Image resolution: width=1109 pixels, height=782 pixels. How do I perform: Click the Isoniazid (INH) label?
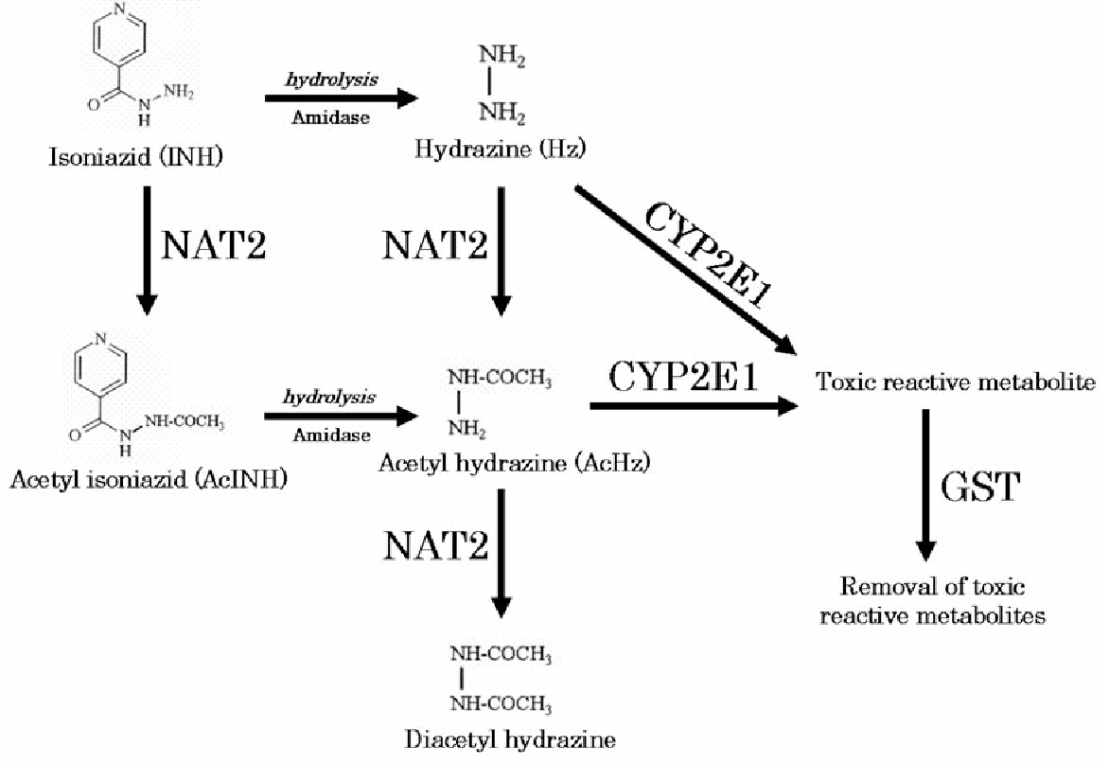tap(135, 156)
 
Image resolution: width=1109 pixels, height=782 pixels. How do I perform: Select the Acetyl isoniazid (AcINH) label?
tap(150, 480)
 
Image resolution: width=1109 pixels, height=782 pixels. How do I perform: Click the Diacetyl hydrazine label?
tap(511, 739)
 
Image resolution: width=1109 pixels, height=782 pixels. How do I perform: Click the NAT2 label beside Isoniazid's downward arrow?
tap(214, 244)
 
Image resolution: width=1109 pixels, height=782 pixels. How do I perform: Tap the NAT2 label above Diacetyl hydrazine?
tap(435, 545)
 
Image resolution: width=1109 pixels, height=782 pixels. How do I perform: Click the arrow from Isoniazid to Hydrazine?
tap(342, 98)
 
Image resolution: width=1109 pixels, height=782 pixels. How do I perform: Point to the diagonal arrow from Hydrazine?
tap(681, 270)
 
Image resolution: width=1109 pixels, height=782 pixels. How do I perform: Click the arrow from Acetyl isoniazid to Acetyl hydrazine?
tap(342, 415)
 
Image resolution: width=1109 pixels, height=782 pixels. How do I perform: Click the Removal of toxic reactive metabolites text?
tap(932, 601)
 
